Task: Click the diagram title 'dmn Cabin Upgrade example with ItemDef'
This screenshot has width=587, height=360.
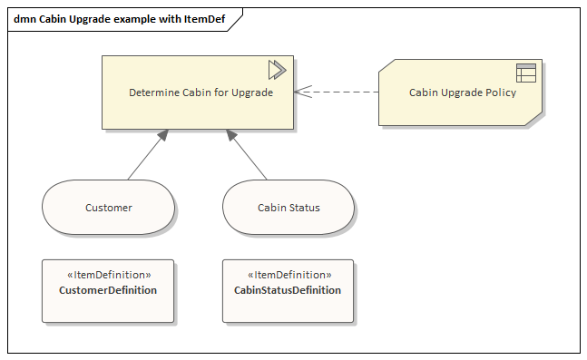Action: tap(120, 19)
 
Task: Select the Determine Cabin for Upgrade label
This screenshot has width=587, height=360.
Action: tap(201, 92)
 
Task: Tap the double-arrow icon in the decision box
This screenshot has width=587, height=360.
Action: tap(278, 70)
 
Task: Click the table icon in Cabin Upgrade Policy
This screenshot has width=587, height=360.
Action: tap(526, 73)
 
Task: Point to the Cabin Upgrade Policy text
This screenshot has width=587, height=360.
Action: tap(463, 92)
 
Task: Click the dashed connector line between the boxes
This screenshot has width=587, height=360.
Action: tap(337, 92)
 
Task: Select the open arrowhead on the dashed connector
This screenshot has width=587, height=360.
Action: tap(303, 92)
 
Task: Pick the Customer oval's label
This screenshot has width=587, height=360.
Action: tap(109, 208)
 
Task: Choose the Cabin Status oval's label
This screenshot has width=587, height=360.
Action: tap(289, 208)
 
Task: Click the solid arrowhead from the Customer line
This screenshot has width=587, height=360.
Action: tap(162, 135)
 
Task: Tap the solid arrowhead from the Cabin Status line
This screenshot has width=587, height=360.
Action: tap(231, 135)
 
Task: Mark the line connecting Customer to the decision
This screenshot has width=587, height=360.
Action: tap(148, 154)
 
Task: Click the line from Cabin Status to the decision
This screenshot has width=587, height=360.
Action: tap(247, 154)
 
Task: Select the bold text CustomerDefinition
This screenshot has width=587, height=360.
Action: tap(108, 290)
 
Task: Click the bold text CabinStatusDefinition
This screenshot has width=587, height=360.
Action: tap(288, 290)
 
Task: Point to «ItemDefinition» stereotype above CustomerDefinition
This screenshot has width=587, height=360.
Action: tap(109, 275)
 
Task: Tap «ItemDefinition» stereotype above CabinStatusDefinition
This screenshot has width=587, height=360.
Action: tap(289, 275)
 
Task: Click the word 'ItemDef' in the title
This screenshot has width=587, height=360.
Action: tap(204, 19)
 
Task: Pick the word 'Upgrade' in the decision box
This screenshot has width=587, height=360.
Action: tap(252, 92)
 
